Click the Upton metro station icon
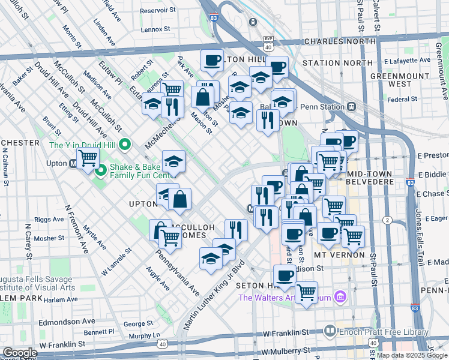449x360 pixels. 73,163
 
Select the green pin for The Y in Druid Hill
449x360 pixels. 125,145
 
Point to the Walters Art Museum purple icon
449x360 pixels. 340,297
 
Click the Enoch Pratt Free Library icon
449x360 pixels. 330,331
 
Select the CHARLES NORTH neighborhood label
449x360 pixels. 340,41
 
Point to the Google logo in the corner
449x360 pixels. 19,353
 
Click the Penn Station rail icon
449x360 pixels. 351,106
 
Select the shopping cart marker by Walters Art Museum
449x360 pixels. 307,292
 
